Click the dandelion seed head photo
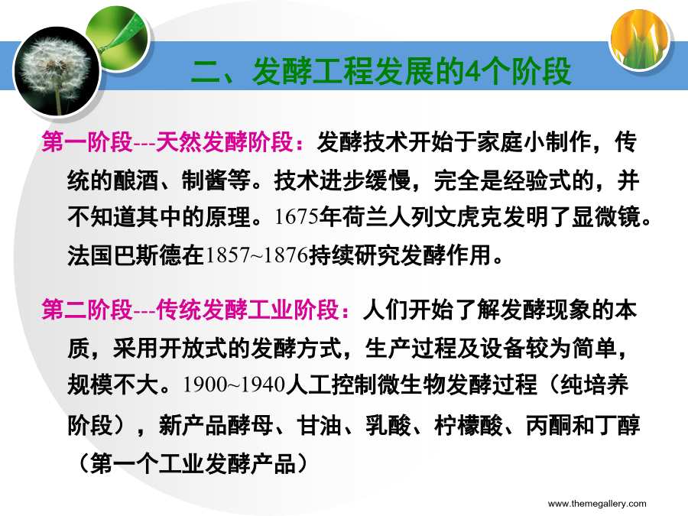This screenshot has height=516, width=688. [x=57, y=72]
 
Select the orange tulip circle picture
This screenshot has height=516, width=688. [x=640, y=39]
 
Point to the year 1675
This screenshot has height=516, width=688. [x=296, y=217]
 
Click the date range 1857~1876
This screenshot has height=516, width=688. [x=256, y=255]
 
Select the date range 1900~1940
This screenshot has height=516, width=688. [x=234, y=385]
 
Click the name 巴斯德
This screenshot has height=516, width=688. [x=148, y=255]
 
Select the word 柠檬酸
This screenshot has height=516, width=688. [x=468, y=425]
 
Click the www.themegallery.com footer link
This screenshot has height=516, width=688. [x=597, y=504]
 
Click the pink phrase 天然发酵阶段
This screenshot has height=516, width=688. [x=224, y=141]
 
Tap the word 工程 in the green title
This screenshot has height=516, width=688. [x=343, y=72]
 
